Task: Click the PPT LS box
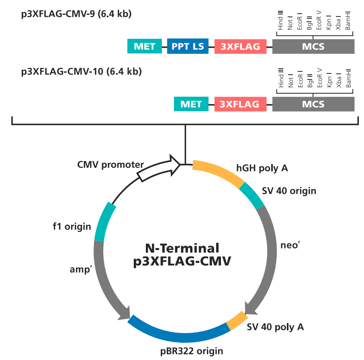click(188, 46)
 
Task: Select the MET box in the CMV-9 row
click(144, 46)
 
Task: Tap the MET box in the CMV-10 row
click(191, 104)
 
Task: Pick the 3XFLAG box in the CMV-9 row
click(240, 46)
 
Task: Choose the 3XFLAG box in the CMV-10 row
click(240, 104)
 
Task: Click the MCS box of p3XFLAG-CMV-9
click(313, 46)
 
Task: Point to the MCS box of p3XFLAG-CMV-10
click(313, 104)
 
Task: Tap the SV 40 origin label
click(289, 191)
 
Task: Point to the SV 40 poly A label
click(275, 327)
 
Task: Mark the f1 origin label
click(72, 227)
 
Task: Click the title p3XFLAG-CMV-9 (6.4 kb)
click(76, 14)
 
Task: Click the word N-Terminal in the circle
click(182, 248)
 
